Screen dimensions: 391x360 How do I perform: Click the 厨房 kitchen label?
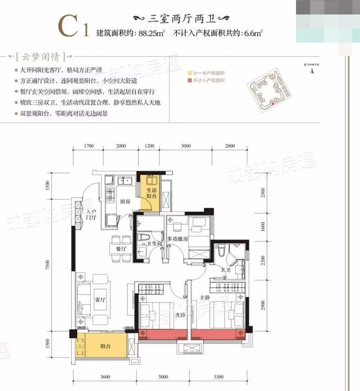click(126, 202)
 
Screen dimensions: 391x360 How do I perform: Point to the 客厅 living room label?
click(100, 300)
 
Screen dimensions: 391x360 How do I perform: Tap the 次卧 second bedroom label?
click(180, 316)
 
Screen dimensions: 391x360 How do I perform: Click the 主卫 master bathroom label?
click(226, 270)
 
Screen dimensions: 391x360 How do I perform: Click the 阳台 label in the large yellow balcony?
click(106, 346)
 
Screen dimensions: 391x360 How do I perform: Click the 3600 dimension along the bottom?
click(106, 377)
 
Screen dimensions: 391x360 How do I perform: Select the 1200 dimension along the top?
click(150, 146)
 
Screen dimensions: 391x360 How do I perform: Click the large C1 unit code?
click(73, 27)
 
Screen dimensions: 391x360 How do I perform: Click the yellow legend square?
click(189, 73)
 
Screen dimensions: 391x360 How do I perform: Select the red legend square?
click(189, 80)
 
